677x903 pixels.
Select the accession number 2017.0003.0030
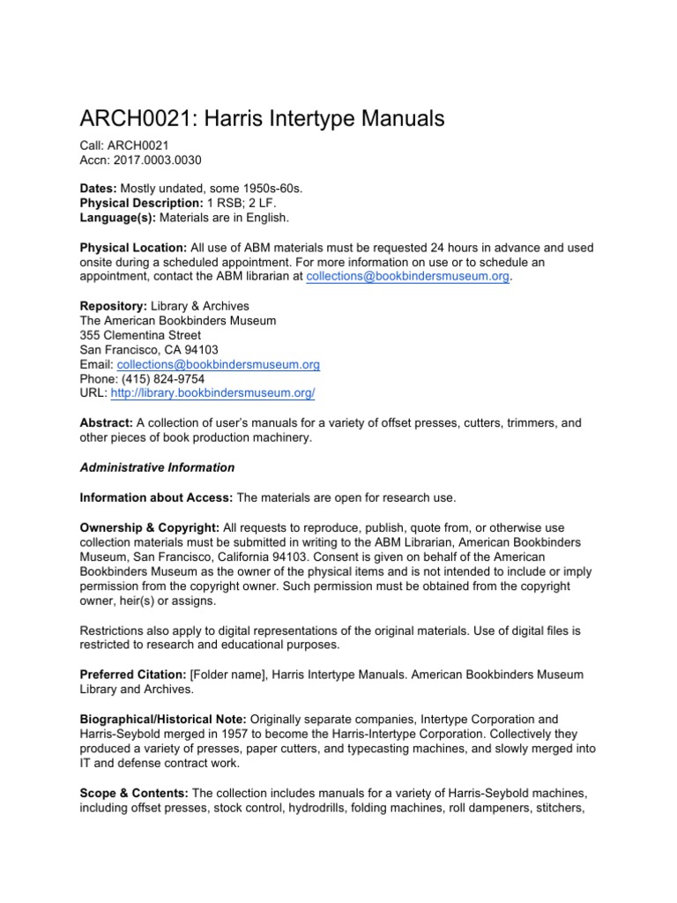click(154, 160)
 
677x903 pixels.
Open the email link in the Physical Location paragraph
click(408, 276)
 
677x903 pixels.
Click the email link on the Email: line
click(219, 363)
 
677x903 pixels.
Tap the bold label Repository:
click(114, 307)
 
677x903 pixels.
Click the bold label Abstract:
click(107, 422)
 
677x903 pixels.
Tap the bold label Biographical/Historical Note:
click(167, 720)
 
